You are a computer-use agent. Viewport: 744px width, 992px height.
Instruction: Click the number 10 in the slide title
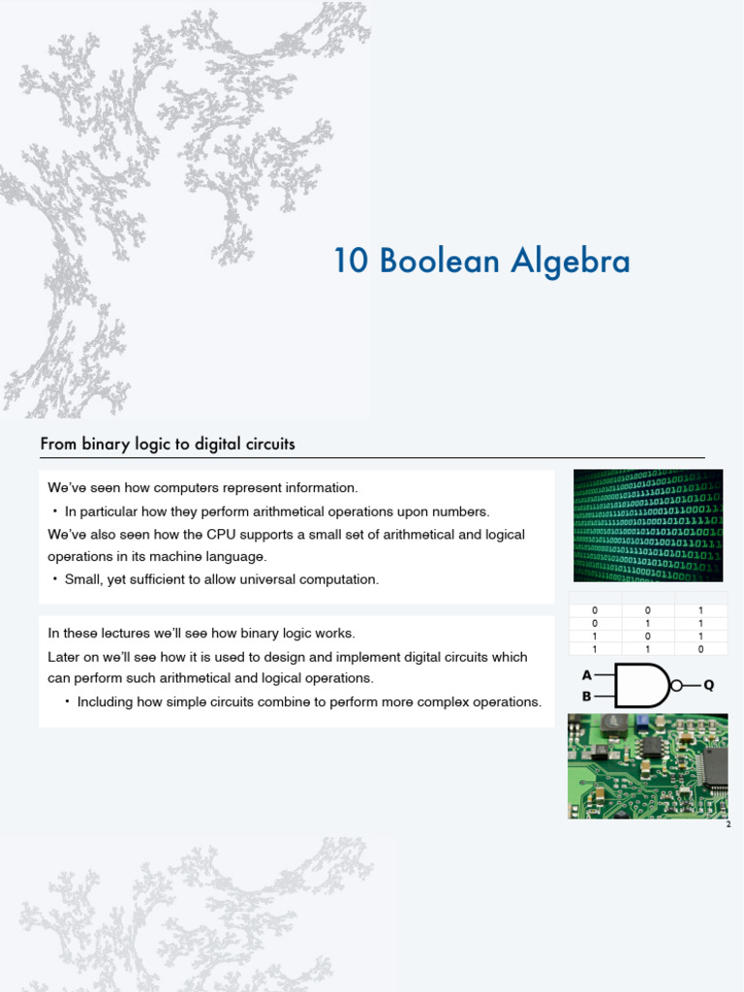tap(351, 262)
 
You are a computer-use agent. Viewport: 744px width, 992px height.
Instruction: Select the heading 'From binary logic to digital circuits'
tap(168, 445)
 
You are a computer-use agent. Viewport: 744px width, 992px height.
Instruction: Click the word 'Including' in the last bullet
tap(106, 701)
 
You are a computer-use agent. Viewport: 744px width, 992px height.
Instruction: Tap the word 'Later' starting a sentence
tap(64, 657)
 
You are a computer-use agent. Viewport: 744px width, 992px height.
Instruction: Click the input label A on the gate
tap(586, 675)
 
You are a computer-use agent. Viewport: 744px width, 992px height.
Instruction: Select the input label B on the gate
tap(586, 696)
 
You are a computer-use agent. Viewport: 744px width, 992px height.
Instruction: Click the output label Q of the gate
tap(708, 685)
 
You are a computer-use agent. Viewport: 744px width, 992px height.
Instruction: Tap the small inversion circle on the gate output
tap(678, 685)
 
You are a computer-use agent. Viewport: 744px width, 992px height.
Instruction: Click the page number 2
tap(728, 824)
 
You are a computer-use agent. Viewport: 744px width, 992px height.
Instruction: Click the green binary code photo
tap(647, 525)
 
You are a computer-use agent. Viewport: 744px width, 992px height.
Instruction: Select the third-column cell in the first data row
tap(700, 610)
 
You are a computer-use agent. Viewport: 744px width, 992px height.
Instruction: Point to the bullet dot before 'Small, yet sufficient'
tap(55, 579)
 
